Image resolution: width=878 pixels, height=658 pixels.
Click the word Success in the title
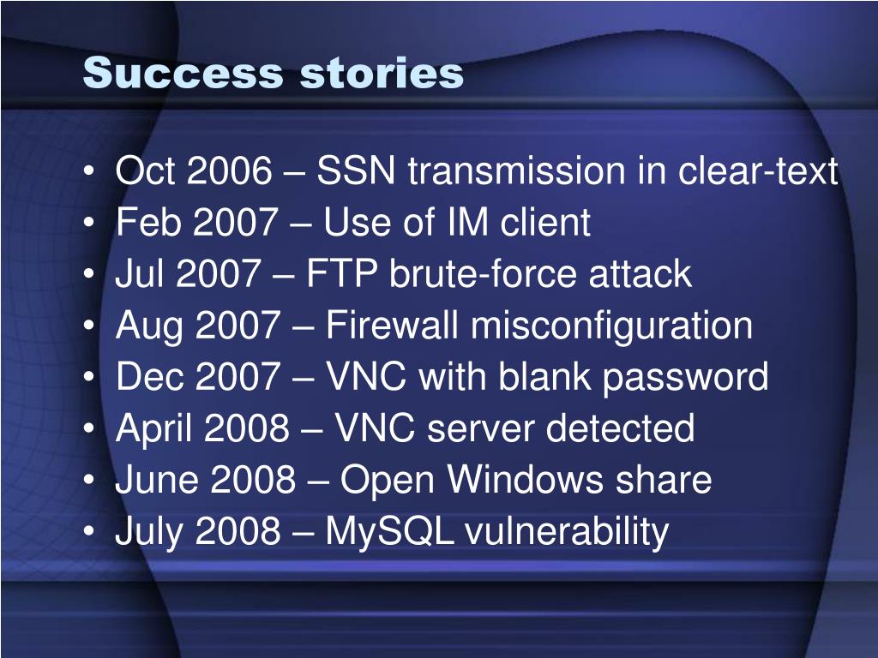(x=183, y=73)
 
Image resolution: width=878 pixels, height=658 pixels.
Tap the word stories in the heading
(x=382, y=73)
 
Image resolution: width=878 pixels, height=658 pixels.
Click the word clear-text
(x=758, y=170)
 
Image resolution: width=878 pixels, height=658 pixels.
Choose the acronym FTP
(x=341, y=273)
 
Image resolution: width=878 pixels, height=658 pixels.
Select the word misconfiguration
(x=611, y=326)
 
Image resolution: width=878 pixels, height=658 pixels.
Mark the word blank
(x=544, y=376)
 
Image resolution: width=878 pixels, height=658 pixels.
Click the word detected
(x=620, y=428)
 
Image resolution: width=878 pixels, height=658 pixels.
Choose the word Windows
(x=526, y=480)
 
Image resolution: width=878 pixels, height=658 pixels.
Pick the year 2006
(x=230, y=170)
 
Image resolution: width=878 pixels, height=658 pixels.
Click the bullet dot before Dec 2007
(x=89, y=376)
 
